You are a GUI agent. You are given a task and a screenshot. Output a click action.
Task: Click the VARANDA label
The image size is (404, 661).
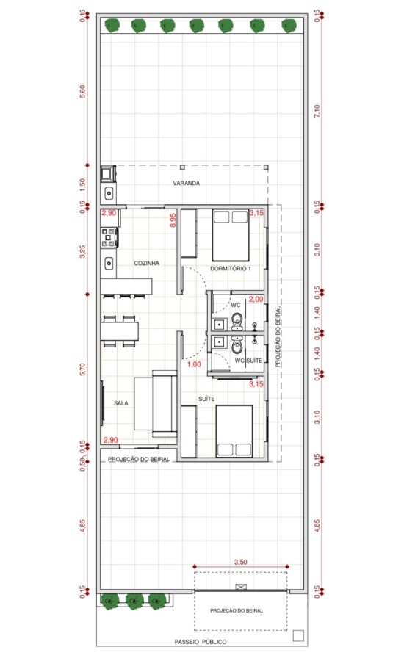[x=186, y=184]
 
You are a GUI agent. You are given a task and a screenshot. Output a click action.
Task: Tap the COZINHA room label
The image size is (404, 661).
[x=146, y=263]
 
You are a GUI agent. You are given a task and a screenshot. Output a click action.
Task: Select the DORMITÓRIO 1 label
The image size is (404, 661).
[x=231, y=269]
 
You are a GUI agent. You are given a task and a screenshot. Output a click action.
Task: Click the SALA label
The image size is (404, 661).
[x=120, y=403]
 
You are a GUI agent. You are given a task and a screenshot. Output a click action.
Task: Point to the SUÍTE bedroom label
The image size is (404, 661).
[x=206, y=399]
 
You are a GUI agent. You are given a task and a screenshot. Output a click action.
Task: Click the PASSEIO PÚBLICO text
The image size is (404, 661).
[x=201, y=642]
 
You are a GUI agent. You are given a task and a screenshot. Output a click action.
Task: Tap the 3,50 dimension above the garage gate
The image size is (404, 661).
[x=240, y=562]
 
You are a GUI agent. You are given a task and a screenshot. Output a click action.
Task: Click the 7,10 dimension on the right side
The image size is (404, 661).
[x=317, y=111]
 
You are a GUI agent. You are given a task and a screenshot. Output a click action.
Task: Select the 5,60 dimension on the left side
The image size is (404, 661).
[x=82, y=92]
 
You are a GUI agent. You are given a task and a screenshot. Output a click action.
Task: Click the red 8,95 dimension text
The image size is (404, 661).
[x=173, y=220]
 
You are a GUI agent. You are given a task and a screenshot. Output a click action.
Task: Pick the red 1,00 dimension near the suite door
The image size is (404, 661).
[x=194, y=364]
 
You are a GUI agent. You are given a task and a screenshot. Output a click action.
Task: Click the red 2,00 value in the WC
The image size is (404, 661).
[x=256, y=300]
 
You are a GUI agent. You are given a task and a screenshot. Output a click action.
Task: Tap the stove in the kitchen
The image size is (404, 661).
[x=108, y=237]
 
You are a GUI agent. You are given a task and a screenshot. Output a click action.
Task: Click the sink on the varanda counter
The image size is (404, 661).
[x=109, y=193]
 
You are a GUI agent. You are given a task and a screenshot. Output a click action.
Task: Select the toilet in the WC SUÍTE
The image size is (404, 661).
[x=237, y=345]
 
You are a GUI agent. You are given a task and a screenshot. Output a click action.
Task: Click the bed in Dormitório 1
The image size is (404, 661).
[x=230, y=235]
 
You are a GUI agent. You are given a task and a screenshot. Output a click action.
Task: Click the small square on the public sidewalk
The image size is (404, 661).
[x=298, y=636]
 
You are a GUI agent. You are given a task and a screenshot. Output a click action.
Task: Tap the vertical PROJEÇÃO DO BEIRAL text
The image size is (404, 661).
[x=278, y=337]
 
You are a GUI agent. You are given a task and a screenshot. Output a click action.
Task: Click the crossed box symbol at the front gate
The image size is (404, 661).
[x=241, y=586]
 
